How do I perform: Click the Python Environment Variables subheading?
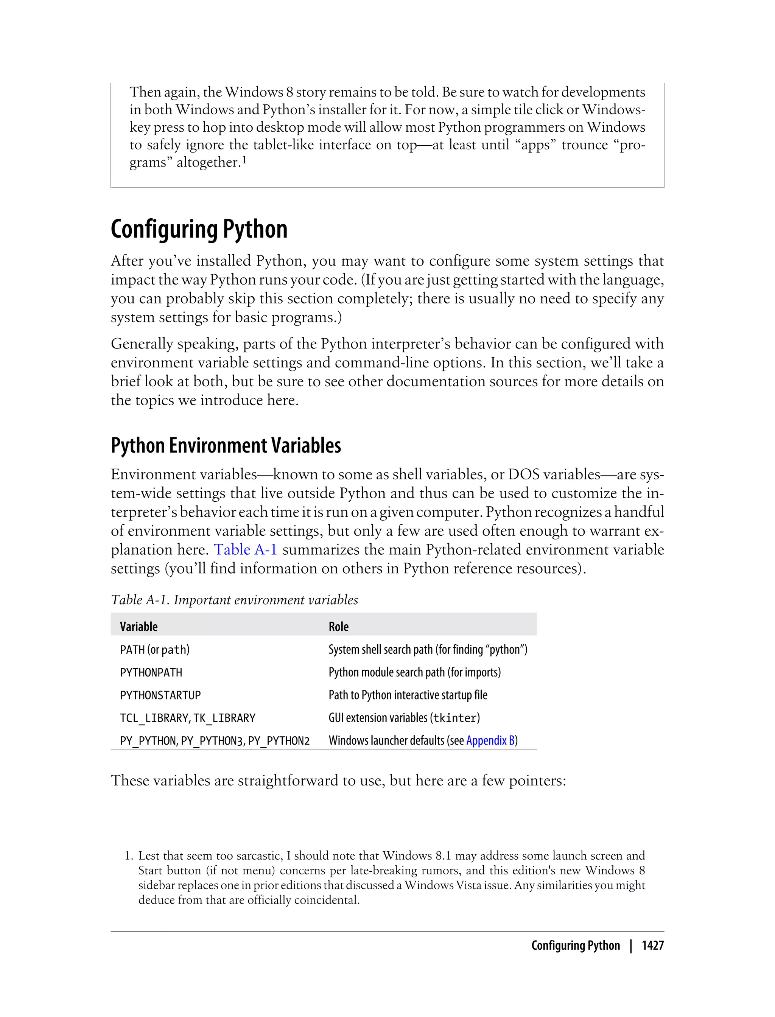pos(226,446)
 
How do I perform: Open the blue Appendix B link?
pos(490,740)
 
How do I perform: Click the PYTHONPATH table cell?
pos(151,672)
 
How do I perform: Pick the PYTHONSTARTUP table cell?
pos(160,695)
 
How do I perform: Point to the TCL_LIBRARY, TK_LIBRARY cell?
pos(187,718)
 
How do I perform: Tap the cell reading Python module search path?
pos(414,672)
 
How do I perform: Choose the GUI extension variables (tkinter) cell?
pos(404,718)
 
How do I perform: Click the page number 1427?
pos(652,945)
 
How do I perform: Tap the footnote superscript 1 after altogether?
pos(244,159)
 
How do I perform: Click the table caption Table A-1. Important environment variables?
pos(234,600)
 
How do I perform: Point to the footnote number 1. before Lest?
pos(129,855)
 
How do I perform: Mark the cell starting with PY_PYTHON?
pos(215,741)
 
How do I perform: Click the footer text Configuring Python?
pos(575,945)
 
